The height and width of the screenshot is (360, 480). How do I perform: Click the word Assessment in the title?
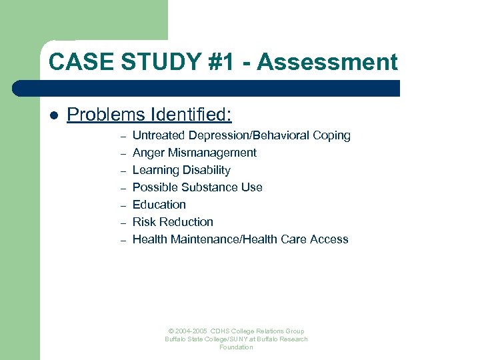pos(327,62)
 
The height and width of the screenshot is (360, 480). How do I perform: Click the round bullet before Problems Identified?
pos(54,115)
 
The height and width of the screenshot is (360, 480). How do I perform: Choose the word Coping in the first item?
pos(331,135)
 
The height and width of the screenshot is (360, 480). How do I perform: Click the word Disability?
pos(206,170)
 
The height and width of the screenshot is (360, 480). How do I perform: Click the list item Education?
pos(159,205)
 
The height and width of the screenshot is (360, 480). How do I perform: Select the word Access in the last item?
pos(329,239)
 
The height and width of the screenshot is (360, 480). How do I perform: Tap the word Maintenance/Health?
pos(220,239)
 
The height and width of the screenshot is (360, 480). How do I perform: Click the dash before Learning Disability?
pos(123,171)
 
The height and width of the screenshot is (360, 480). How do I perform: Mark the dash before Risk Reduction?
pos(123,223)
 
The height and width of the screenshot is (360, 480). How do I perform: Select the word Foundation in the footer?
pos(237,347)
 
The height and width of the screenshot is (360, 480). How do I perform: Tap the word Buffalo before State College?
pos(177,339)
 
